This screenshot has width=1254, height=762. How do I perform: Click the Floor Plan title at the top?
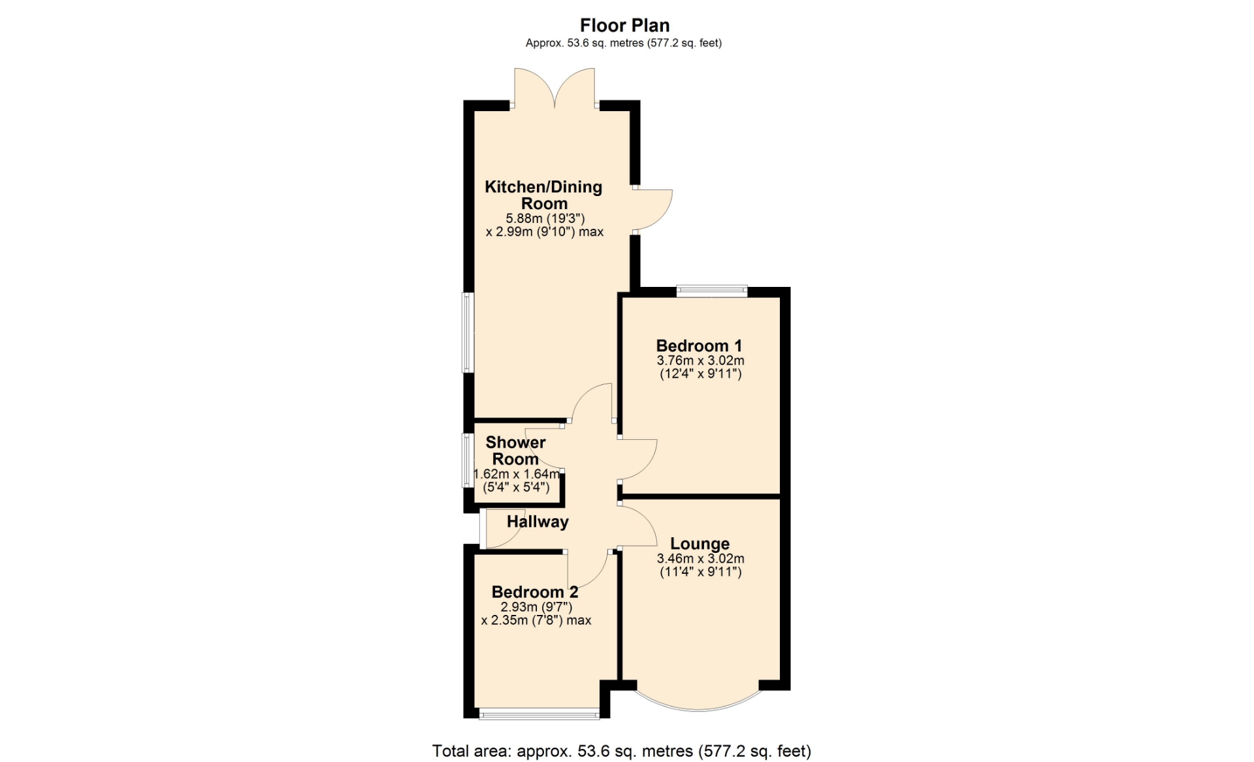[x=625, y=25]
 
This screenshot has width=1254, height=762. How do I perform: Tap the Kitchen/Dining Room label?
[x=543, y=195]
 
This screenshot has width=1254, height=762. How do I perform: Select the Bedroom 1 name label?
[x=699, y=346]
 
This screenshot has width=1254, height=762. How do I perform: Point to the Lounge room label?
[x=700, y=544]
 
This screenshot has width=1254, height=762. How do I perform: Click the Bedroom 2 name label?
[x=535, y=592]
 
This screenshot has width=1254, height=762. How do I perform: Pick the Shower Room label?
[x=515, y=450]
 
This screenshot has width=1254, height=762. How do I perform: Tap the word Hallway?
[x=538, y=522]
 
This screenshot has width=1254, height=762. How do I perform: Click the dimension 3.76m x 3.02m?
[x=700, y=361]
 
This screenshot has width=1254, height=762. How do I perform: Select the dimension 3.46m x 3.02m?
[x=700, y=559]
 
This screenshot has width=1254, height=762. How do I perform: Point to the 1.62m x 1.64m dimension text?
[x=517, y=474]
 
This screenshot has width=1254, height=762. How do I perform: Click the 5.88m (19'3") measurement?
[x=545, y=218]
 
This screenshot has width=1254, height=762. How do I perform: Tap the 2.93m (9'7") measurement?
[x=536, y=607]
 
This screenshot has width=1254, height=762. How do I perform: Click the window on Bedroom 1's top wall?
[x=712, y=291]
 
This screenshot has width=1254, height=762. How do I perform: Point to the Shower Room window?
[x=468, y=460]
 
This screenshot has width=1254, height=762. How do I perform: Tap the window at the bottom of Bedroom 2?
[x=539, y=714]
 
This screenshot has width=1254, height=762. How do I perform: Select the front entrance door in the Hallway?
[x=502, y=528]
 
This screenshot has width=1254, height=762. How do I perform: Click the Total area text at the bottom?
[x=622, y=751]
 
